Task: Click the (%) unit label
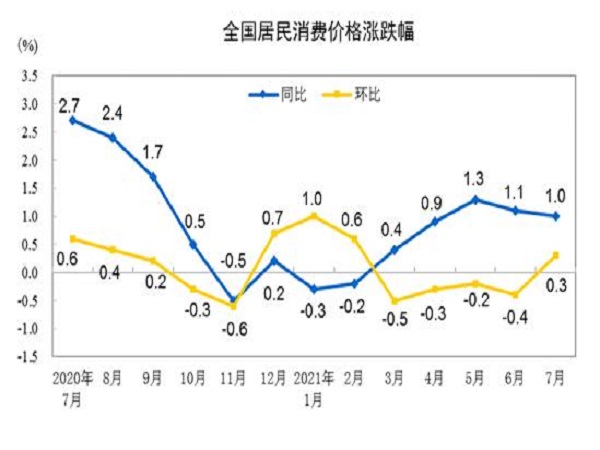27,46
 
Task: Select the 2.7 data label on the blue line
69,104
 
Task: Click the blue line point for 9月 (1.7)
152,176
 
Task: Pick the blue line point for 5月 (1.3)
474,199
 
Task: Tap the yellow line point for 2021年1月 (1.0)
314,215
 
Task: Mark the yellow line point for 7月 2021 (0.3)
556,254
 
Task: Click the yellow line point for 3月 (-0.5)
394,300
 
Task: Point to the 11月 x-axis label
233,381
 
